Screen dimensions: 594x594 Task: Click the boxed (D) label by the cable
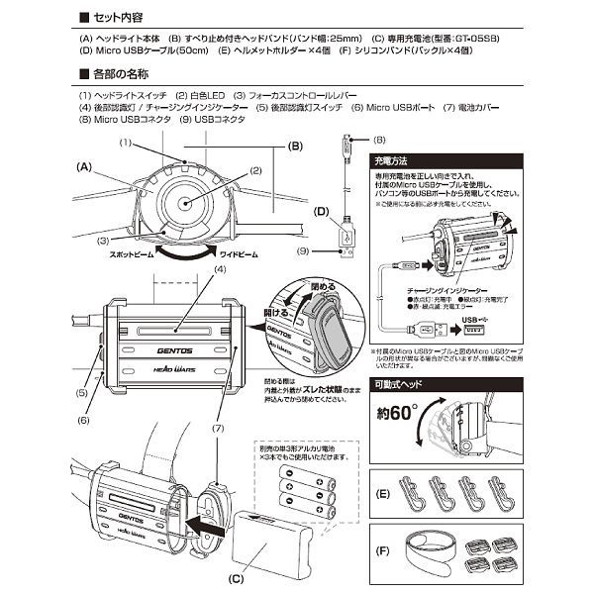coord(320,211)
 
